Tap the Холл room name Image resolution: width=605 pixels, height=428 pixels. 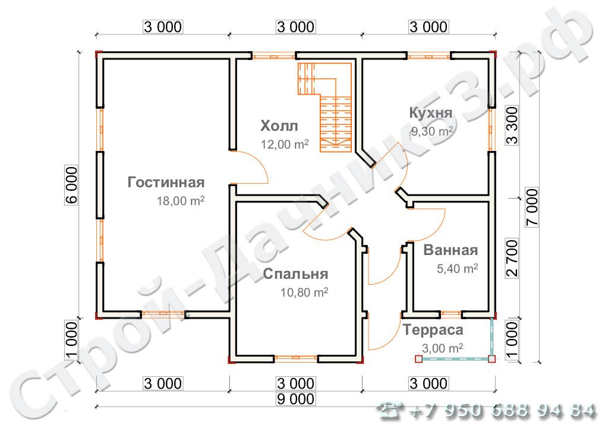[279, 126]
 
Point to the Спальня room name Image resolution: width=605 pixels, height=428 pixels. [295, 274]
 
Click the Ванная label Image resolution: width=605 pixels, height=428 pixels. [450, 250]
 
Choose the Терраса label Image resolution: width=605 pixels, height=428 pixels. [433, 331]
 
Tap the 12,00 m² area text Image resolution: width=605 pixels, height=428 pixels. [285, 144]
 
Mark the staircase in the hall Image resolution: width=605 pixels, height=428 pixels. [326, 107]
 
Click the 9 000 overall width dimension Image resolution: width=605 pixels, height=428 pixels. [295, 399]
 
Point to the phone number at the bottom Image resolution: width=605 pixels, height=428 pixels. [487, 410]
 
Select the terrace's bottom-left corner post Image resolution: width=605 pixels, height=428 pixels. [418, 359]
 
